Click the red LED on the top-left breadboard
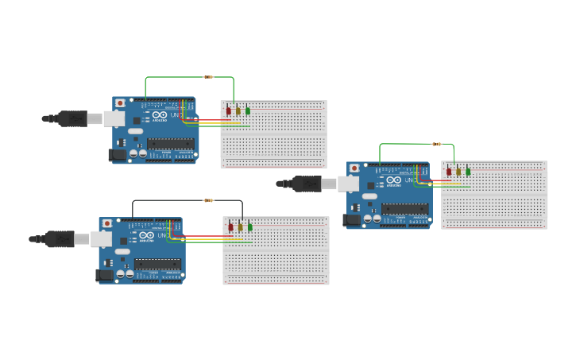point(228,111)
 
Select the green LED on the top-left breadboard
point(248,111)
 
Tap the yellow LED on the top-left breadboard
point(238,111)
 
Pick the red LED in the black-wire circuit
point(230,227)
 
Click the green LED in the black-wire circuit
point(250,227)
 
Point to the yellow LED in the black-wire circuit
point(240,227)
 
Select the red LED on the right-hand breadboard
point(449,171)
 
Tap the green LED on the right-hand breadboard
point(468,171)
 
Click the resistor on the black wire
point(209,200)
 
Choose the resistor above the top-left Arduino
point(209,77)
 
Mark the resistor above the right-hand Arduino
point(436,144)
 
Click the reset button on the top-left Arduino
point(120,103)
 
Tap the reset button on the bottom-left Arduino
point(106,224)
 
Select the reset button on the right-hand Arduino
point(354,168)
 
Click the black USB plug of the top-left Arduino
point(72,118)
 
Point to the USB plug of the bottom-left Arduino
point(59,238)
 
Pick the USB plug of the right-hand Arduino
point(306,184)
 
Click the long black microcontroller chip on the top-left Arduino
point(170,144)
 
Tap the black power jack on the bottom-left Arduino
point(104,276)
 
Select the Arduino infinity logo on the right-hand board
point(393,180)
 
